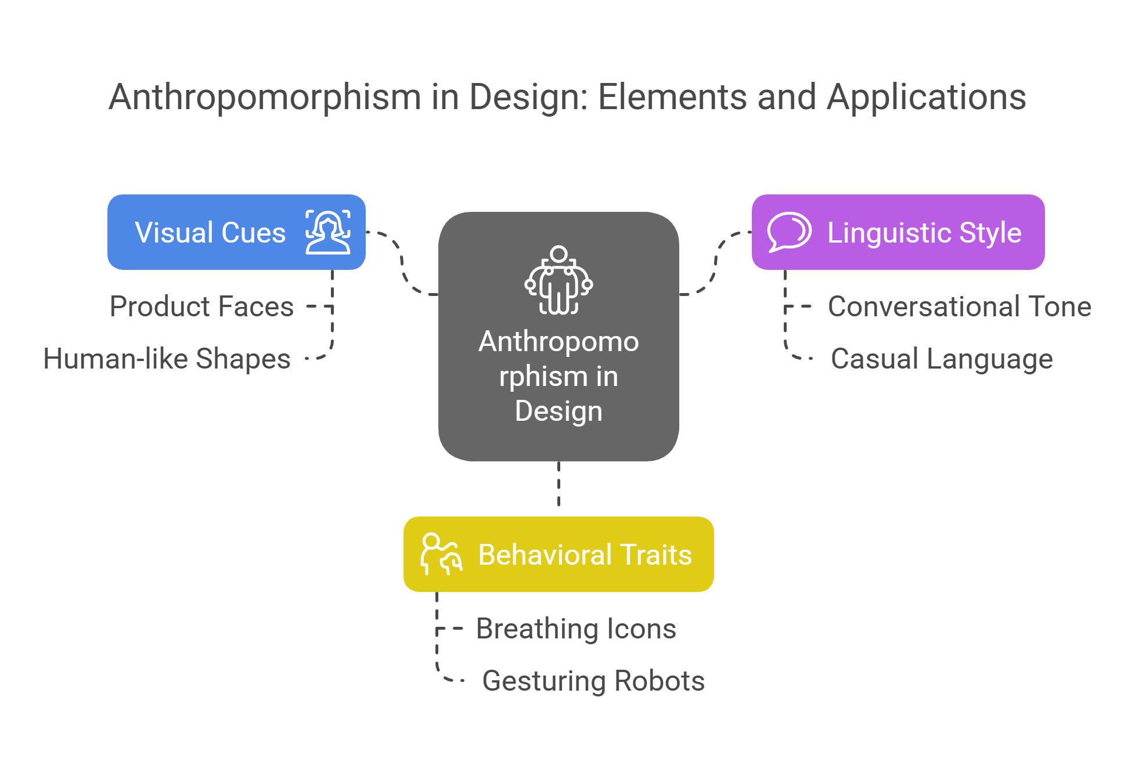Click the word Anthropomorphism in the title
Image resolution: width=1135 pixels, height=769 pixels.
pos(265,97)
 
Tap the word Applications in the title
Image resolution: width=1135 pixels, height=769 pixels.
pos(927,97)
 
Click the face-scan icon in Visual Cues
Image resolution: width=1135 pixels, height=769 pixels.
pos(328,232)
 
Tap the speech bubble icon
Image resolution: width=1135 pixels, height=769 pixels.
pos(789,232)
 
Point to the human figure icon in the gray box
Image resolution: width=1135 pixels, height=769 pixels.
pos(559,280)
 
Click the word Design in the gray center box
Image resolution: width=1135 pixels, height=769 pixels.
pos(559,411)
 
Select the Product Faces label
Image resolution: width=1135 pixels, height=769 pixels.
pos(201,306)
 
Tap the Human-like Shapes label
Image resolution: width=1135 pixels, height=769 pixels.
pos(167,359)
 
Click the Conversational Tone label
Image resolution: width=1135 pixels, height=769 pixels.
pos(959,306)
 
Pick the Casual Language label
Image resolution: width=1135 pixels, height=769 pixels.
pos(941,359)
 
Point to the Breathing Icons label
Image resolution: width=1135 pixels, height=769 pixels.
pos(576,629)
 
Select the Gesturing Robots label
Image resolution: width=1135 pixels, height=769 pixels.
pos(593,681)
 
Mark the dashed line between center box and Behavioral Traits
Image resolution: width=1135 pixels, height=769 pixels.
pos(559,488)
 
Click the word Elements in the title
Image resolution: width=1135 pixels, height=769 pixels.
pos(672,97)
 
